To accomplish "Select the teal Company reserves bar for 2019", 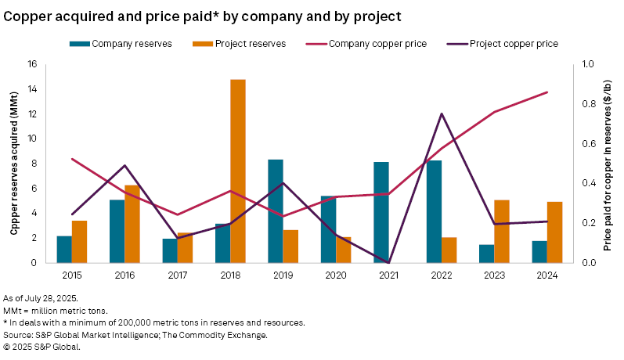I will pos(276,211).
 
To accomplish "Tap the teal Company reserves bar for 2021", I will pos(381,212).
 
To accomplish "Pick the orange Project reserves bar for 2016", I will pos(132,224).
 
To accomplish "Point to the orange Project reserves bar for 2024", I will pos(555,232).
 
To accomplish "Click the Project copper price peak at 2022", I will pos(442,113).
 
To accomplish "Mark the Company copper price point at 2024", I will pos(547,92).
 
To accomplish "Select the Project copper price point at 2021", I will pos(389,262).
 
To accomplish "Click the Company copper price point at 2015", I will pos(71,159).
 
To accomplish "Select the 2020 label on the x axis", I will pos(336,274).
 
